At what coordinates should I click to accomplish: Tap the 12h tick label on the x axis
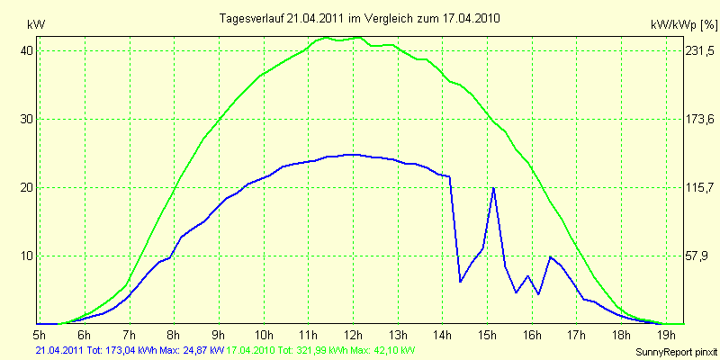point(353,335)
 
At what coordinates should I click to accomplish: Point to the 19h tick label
point(665,335)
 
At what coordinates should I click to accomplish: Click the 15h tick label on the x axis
point(487,335)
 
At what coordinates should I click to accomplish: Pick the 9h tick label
point(219,335)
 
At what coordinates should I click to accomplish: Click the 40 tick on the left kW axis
point(27,50)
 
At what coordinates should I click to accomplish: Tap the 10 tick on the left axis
point(27,256)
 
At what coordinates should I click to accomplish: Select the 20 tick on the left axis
point(27,187)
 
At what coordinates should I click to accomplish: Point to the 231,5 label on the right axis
point(694,50)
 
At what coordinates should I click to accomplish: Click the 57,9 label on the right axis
point(694,256)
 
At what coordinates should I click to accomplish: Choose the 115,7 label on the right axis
point(694,187)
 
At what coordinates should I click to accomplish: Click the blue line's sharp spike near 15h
point(493,188)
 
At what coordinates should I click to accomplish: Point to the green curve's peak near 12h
point(359,38)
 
